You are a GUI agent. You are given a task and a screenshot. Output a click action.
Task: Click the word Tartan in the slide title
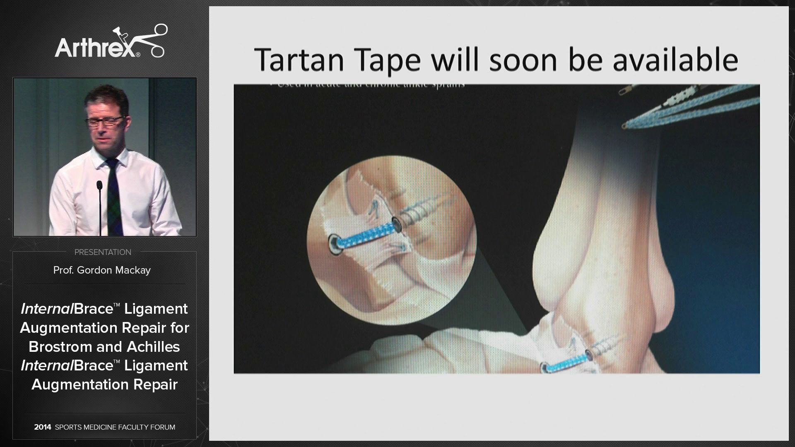coord(299,60)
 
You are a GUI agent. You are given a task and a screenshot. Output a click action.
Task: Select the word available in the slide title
coord(675,60)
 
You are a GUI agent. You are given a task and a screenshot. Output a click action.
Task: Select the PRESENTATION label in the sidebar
coord(103,252)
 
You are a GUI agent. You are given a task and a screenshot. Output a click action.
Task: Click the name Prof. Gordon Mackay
coord(102,270)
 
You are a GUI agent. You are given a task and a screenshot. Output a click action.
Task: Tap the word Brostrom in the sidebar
coord(60,347)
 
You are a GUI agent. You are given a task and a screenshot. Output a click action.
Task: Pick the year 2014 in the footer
coord(43,427)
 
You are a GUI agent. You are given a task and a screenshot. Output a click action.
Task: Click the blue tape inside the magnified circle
coord(364,233)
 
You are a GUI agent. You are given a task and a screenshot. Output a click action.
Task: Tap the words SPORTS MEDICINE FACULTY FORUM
coord(115,427)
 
